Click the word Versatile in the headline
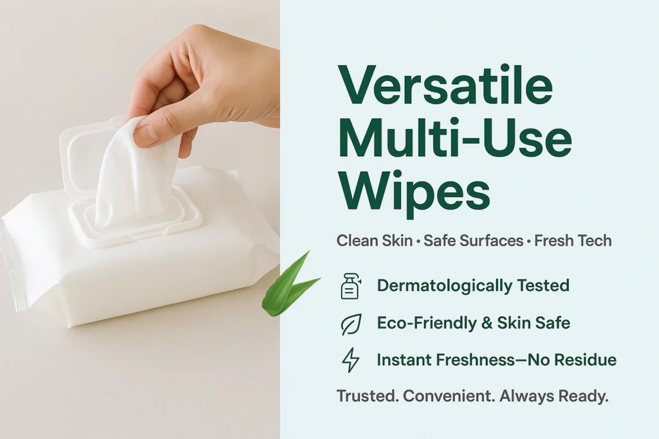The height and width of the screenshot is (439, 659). click(446, 85)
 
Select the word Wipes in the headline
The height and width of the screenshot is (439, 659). click(415, 193)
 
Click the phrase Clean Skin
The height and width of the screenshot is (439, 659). click(375, 241)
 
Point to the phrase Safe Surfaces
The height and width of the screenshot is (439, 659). click(473, 241)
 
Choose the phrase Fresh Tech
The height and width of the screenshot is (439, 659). click(573, 241)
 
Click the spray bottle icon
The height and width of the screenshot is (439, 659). click(351, 286)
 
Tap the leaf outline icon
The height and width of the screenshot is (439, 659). click(351, 324)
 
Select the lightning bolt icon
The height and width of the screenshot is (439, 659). click(351, 360)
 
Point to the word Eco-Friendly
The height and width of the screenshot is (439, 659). click(425, 323)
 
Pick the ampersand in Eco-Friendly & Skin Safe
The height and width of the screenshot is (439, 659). click(485, 323)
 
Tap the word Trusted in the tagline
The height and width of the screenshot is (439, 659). click(367, 396)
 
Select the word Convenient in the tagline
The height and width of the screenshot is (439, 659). click(449, 396)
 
